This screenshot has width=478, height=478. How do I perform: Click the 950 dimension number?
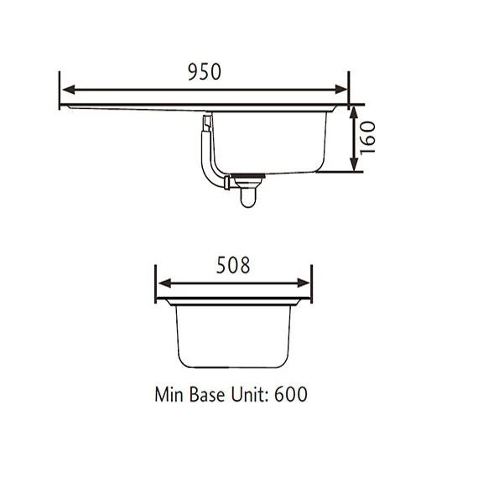(205, 72)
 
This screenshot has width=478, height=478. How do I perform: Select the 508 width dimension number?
(233, 267)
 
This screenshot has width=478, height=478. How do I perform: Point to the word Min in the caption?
(169, 393)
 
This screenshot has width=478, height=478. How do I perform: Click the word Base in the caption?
(208, 393)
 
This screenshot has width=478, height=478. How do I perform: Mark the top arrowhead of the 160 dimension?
(355, 111)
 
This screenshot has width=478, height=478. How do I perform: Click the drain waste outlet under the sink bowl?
(247, 190)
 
